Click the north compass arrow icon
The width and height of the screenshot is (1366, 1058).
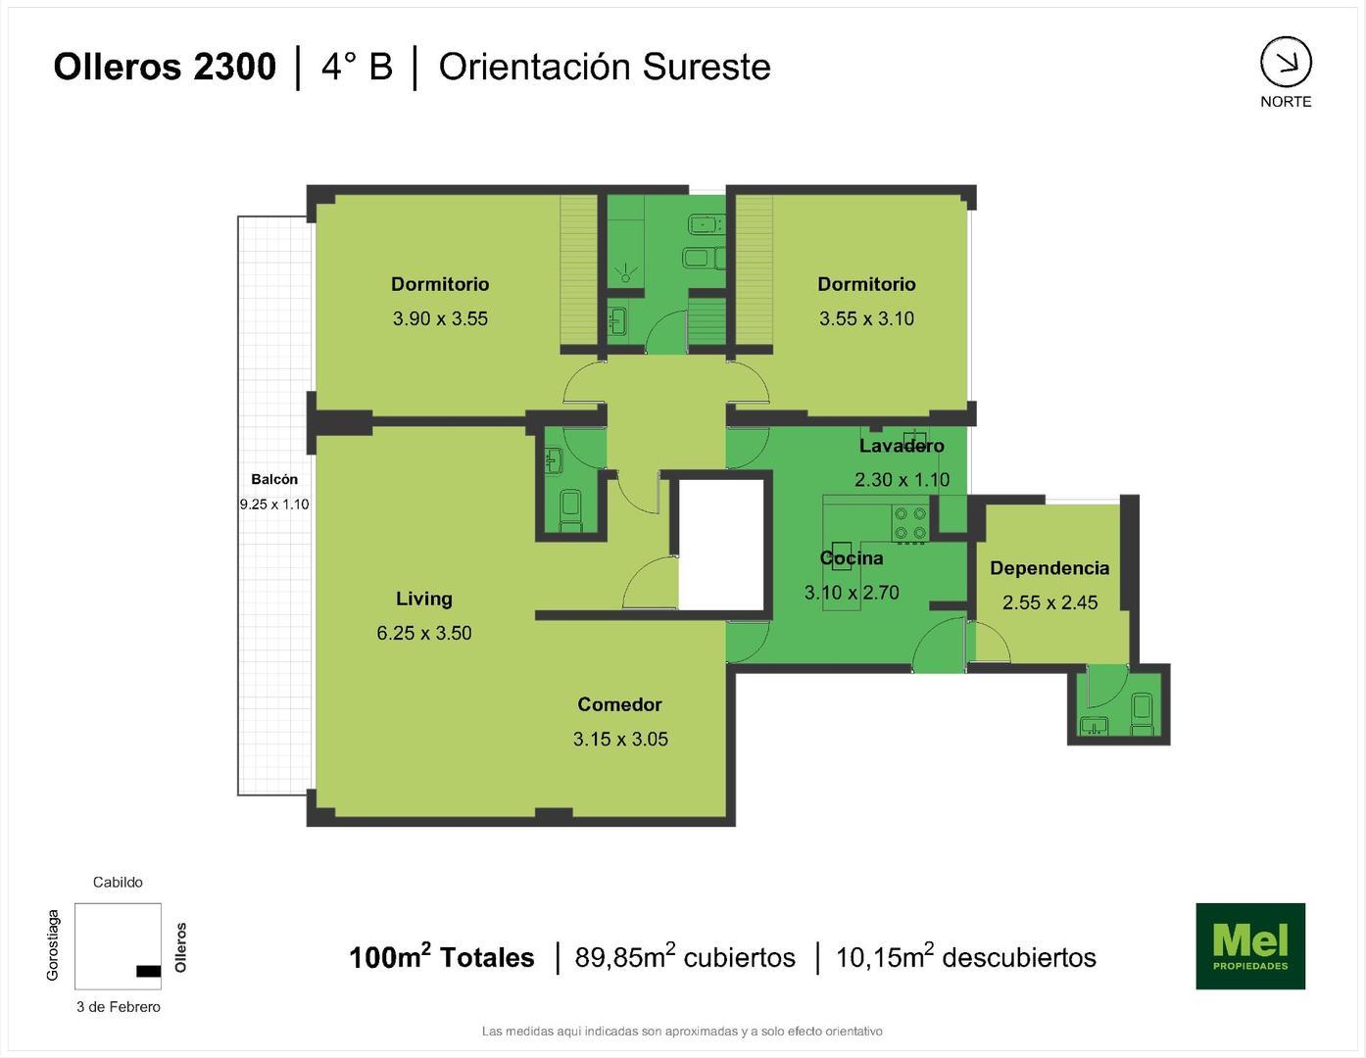(1286, 63)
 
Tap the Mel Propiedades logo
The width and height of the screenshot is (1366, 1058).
(1249, 945)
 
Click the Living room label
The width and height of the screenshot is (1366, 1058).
(423, 599)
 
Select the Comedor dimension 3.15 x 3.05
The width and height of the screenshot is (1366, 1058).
(620, 740)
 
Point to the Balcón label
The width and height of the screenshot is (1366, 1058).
(274, 479)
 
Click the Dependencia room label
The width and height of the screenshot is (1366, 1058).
(1049, 568)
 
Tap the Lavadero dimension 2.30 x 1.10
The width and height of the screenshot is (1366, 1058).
(902, 480)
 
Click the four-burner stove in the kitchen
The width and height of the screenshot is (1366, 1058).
(909, 524)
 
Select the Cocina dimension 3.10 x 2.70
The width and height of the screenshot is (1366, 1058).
(852, 593)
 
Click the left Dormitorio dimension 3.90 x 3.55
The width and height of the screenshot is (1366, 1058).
(440, 318)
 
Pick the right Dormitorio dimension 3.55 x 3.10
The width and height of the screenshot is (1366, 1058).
(866, 318)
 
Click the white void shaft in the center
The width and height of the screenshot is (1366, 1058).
(721, 544)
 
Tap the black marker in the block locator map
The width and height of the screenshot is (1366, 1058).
(148, 971)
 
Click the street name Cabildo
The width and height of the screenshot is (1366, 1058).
(118, 882)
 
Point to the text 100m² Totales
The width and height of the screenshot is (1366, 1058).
(441, 957)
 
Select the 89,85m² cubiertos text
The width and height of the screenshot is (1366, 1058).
(685, 957)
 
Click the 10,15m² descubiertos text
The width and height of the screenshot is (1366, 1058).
(965, 957)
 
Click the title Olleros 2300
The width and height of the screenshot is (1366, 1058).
(165, 67)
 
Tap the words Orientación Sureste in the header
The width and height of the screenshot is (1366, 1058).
(605, 67)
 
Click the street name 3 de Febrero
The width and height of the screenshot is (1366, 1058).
(119, 1007)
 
